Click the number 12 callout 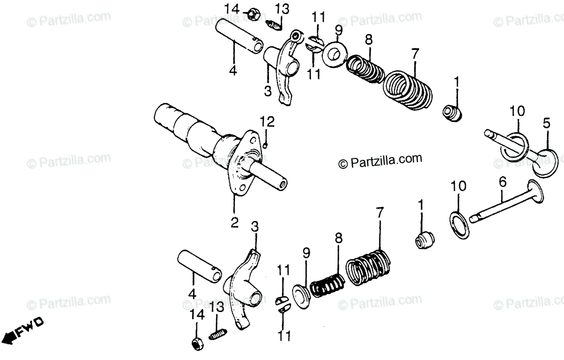(267, 123)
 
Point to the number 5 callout (546, 124)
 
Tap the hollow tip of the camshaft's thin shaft (282, 184)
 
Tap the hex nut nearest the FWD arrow (197, 344)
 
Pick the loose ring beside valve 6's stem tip (459, 225)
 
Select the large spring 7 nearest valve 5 (407, 89)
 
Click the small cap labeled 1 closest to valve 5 (453, 113)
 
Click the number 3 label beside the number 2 (254, 227)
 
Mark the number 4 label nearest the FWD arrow (191, 294)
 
